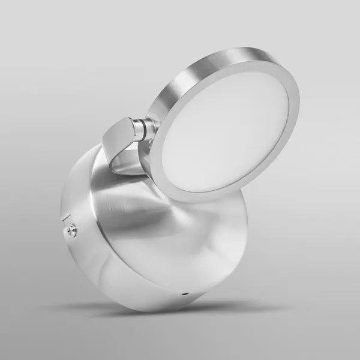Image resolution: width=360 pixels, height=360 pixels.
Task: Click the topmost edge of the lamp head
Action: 252,48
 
